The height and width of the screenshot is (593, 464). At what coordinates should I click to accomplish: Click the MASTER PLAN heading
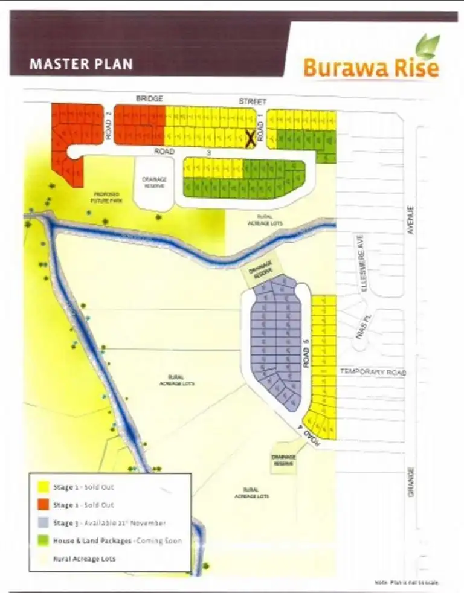tap(81, 64)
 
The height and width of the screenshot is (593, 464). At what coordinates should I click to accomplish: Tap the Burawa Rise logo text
tap(370, 68)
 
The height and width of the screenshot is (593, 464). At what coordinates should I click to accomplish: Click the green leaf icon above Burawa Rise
tap(428, 46)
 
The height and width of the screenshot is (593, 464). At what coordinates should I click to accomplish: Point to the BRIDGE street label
tap(149, 98)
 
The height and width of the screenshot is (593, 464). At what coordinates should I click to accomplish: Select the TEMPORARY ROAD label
tap(372, 373)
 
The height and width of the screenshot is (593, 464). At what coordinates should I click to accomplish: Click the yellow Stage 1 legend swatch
tap(43, 487)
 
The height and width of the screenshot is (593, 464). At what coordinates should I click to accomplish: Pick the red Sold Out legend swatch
tap(43, 505)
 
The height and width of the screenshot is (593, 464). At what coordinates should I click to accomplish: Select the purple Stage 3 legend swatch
tap(43, 523)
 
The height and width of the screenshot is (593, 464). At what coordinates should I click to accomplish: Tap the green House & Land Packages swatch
tap(43, 541)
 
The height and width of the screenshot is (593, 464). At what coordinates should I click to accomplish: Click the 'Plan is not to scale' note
tap(406, 582)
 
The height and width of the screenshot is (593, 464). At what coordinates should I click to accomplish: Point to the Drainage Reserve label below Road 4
tap(283, 460)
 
